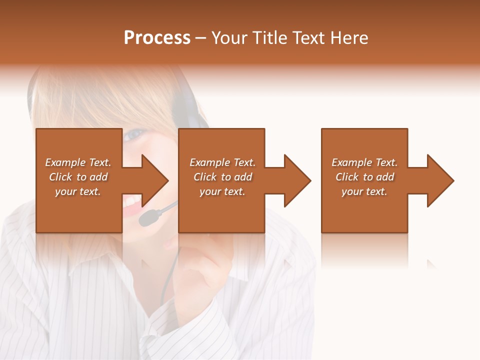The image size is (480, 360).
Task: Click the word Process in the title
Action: [x=157, y=38]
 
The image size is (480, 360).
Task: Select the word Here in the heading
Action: [x=350, y=38]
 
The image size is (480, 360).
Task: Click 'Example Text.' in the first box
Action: [x=78, y=162]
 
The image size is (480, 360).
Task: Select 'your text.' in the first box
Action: [x=78, y=191]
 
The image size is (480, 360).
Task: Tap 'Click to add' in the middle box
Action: [x=222, y=177]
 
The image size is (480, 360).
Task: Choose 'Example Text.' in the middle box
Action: [x=222, y=162]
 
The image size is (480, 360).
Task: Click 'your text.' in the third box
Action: [x=364, y=191]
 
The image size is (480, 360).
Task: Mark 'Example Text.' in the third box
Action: [x=364, y=162]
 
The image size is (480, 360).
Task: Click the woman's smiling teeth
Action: [x=132, y=201]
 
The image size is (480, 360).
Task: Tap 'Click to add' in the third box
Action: [x=364, y=177]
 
